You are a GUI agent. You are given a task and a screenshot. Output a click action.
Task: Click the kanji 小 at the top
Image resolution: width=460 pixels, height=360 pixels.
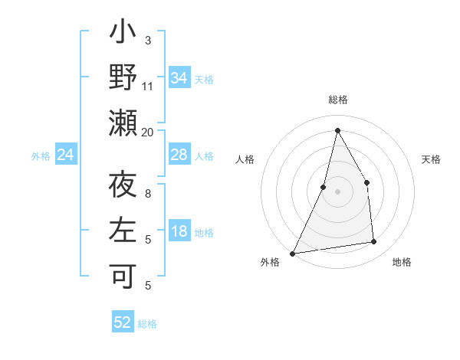123,35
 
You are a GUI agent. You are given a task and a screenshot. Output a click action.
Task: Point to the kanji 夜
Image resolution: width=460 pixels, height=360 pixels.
123,187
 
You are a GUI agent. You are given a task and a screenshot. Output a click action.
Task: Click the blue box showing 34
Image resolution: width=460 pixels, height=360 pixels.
179,78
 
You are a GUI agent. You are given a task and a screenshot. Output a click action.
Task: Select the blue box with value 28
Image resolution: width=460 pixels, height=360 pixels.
179,155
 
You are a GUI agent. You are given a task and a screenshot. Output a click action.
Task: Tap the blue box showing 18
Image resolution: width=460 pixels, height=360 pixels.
179,232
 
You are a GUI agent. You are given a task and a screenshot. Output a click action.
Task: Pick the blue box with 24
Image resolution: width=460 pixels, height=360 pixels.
66,155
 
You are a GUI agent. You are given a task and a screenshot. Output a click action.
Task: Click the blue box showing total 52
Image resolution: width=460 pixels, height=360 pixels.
123,322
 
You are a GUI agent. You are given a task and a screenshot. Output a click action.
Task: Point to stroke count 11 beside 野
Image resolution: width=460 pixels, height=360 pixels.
148,87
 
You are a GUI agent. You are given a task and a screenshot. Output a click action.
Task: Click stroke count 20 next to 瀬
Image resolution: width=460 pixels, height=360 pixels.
148,133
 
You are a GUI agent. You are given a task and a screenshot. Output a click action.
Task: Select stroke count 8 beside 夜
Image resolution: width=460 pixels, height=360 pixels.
148,194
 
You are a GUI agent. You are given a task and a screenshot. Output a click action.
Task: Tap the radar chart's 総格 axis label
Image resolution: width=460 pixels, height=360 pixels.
337,100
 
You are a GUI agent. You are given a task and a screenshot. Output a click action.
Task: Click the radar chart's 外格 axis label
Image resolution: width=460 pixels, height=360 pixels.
270,263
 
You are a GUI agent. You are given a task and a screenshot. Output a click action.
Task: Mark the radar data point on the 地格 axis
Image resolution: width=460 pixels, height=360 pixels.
374,242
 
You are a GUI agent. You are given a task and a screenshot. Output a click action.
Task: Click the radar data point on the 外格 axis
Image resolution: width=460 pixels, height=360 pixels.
292,254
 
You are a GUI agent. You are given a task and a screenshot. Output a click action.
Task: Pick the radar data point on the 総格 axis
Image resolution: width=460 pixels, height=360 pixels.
337,129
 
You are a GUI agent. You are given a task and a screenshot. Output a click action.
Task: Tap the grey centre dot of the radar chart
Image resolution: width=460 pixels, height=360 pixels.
337,191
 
